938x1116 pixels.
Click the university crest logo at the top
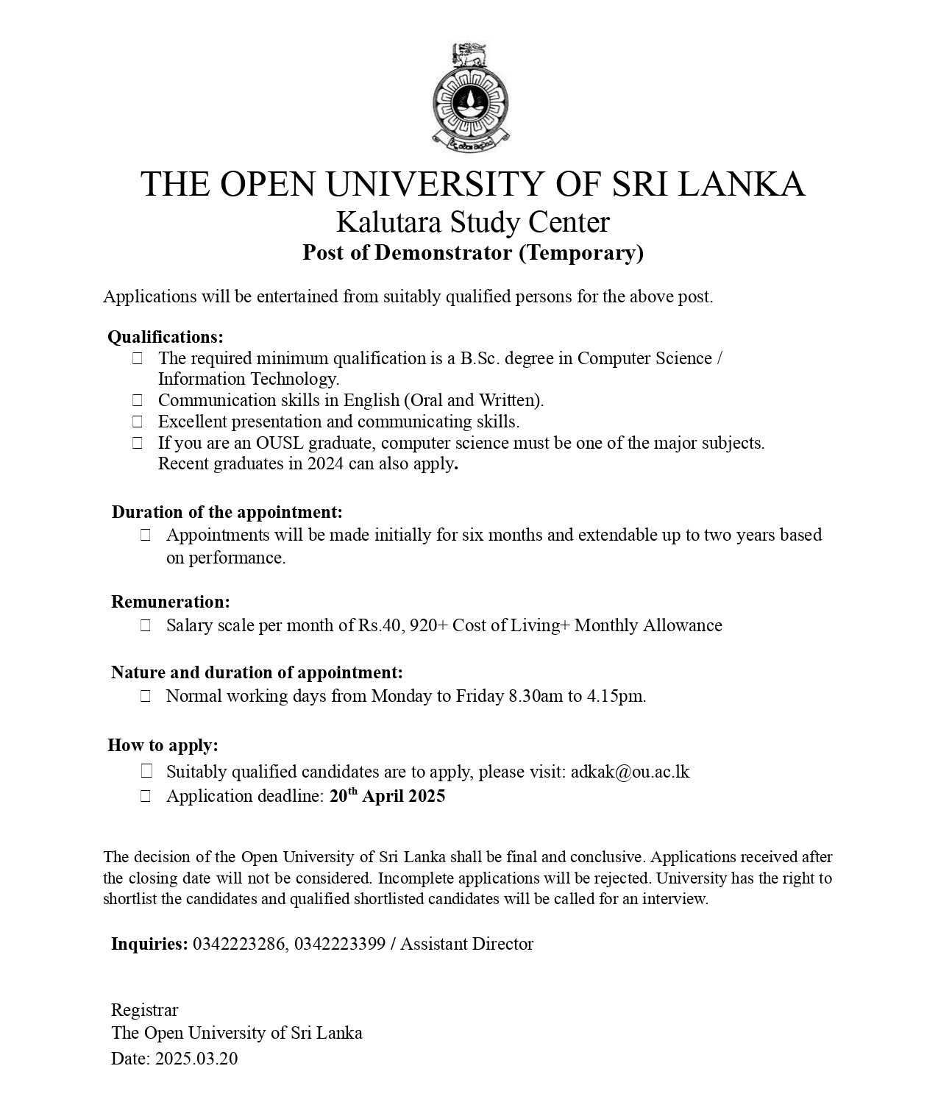point(470,94)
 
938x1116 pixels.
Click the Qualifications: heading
point(166,337)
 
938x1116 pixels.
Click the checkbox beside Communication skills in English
point(138,400)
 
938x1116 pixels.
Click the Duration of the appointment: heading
point(227,512)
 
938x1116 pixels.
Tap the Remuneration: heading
point(171,602)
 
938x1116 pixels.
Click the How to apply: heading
point(163,745)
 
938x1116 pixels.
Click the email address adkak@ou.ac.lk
point(630,772)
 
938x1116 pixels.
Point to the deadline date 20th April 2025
point(387,796)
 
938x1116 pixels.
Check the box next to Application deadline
point(146,796)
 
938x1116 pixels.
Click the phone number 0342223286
point(239,944)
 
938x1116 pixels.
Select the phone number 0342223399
point(340,944)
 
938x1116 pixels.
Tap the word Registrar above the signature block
point(145,1010)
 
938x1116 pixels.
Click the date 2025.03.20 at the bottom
point(196,1059)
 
